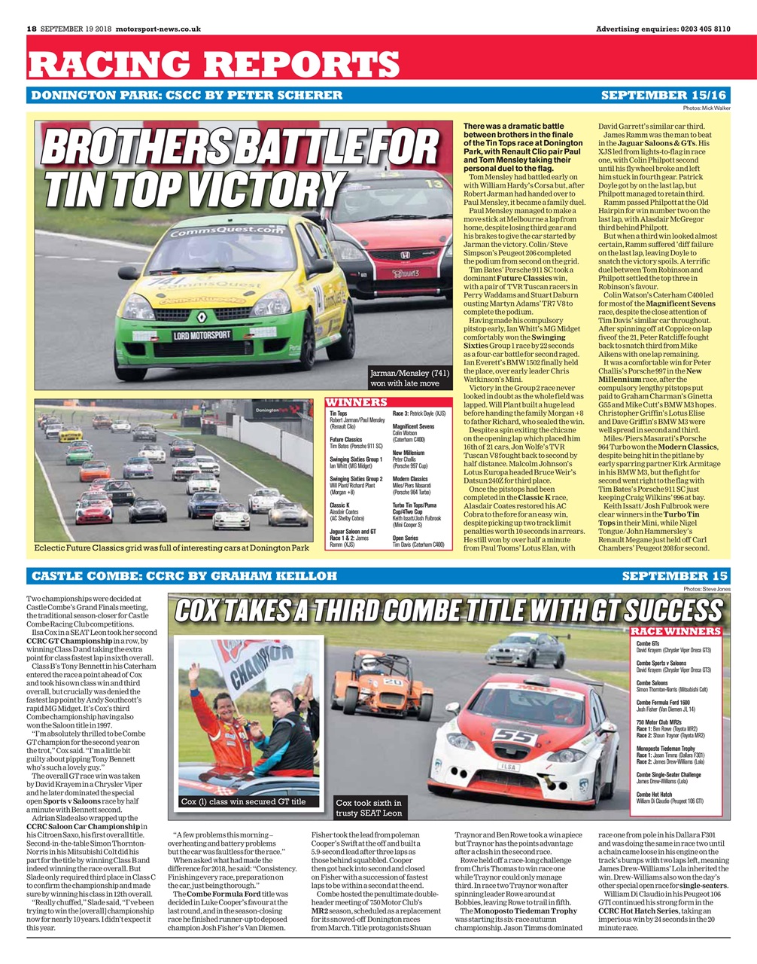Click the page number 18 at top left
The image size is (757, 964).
32,29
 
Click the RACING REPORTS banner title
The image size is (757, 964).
213,64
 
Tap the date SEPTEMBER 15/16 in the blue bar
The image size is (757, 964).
664,96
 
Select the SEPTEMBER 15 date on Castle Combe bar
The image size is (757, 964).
675,576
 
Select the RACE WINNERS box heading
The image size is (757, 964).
675,630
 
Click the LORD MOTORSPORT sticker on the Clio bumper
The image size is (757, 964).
202,335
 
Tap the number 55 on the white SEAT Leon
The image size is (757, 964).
515,737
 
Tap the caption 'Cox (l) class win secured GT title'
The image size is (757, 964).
243,802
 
